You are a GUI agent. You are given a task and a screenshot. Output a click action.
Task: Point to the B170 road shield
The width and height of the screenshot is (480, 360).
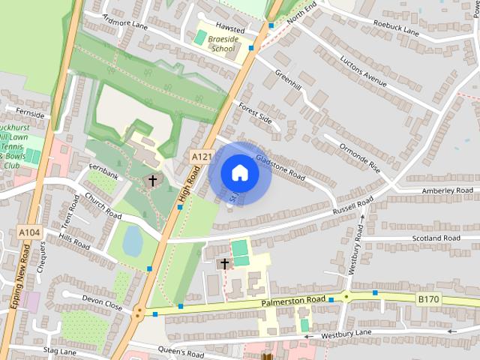point(427,299)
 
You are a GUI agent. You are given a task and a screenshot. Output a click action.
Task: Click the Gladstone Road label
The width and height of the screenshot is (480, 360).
point(279,164)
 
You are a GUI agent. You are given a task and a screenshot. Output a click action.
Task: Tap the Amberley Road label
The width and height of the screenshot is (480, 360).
point(447,191)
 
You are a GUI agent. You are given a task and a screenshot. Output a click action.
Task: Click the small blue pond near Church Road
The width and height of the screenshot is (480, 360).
point(133,241)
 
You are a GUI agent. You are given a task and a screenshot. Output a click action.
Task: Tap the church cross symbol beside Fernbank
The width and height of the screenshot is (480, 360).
point(153,181)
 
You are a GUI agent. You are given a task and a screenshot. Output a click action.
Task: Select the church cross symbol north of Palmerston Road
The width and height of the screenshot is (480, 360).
point(223,263)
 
